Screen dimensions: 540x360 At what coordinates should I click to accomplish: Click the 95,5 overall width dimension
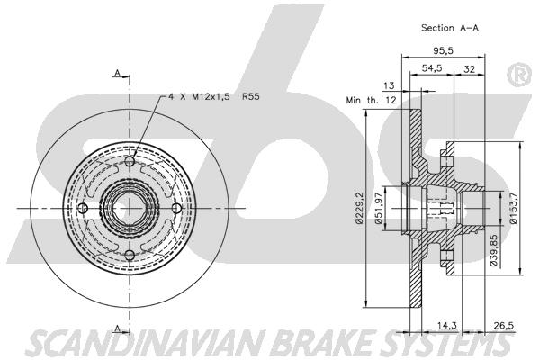443,51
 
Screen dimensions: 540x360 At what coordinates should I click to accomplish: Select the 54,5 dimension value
432,68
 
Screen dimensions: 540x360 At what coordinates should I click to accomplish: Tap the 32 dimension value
470,69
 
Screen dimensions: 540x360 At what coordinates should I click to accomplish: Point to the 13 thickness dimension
389,85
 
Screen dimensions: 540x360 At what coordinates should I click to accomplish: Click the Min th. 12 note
371,100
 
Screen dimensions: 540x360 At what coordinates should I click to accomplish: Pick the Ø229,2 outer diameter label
359,209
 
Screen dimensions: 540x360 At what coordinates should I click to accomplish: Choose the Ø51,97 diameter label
378,209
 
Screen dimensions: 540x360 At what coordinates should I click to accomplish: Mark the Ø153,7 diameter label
514,209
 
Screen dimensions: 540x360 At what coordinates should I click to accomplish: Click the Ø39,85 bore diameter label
494,250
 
